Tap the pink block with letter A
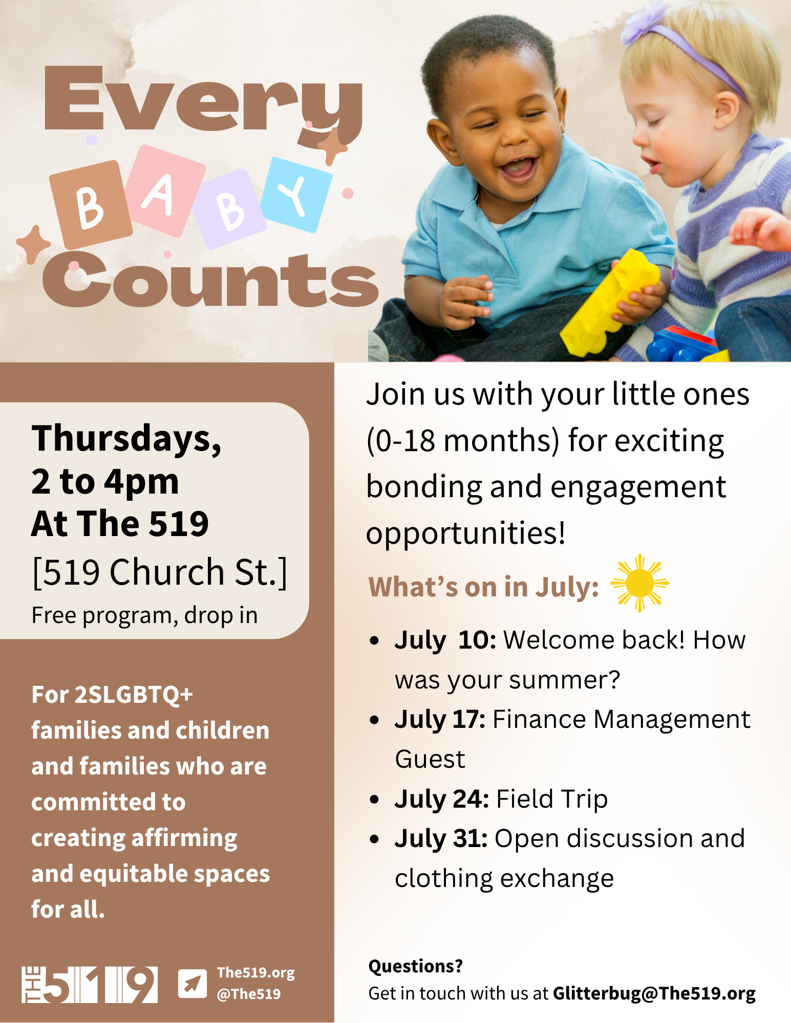coord(165,191)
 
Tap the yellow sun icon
coord(639,583)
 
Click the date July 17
coord(440,720)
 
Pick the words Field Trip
coord(552,799)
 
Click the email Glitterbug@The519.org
coord(654,993)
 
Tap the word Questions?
coord(416,966)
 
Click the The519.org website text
coord(256,973)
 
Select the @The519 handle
coord(249,994)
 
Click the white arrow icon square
coord(193,984)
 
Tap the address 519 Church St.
coord(160,572)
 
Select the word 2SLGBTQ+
coord(134,695)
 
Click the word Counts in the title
coord(210,280)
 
